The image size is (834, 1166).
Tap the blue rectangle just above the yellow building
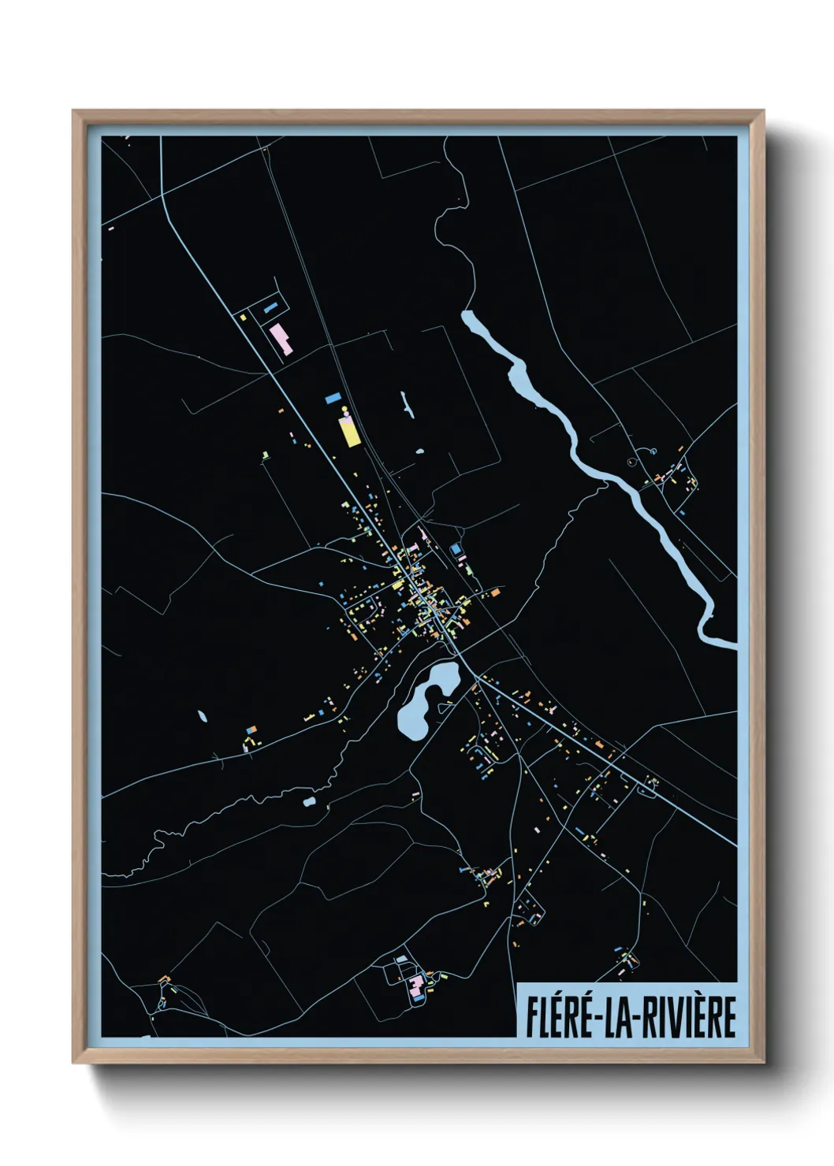point(332,398)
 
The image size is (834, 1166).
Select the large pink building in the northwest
point(281,338)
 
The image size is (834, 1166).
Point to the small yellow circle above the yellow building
point(344,409)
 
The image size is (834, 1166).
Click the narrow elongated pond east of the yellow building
point(407,405)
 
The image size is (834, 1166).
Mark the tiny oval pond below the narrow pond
point(419,452)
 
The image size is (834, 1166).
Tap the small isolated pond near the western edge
point(203,716)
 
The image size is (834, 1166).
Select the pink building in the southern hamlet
point(415,984)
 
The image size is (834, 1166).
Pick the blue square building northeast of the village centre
point(455,548)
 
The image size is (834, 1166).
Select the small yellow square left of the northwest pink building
point(244,317)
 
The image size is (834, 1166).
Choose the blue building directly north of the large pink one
point(272,305)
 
